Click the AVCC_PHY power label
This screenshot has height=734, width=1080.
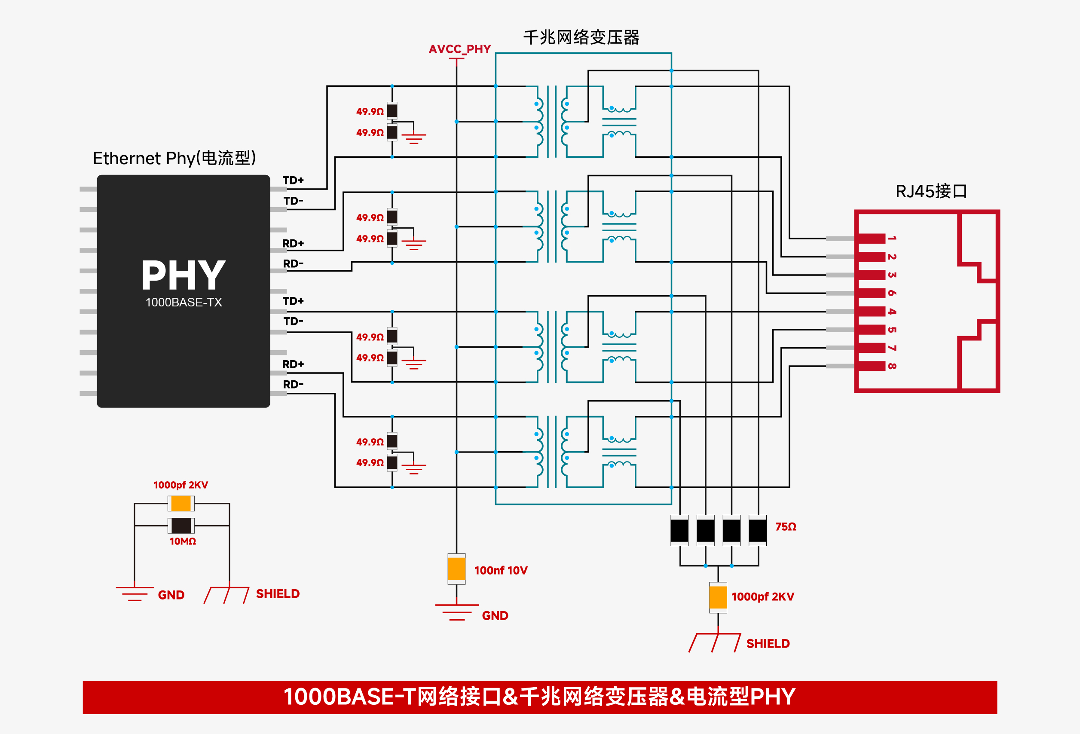click(x=459, y=49)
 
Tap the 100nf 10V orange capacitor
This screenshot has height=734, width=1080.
click(x=456, y=569)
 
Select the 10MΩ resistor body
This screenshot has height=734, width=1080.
click(x=181, y=526)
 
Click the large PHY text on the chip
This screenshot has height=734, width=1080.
click(x=184, y=275)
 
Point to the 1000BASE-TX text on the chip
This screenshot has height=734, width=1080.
click(x=184, y=303)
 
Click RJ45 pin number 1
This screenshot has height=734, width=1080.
click(x=891, y=239)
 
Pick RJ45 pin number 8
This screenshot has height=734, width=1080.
click(x=891, y=366)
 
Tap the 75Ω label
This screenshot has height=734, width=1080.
click(x=785, y=526)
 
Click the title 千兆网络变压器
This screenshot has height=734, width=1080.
click(x=581, y=37)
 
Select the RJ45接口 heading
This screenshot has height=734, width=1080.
click(x=931, y=191)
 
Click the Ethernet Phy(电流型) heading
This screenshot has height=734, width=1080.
click(x=174, y=159)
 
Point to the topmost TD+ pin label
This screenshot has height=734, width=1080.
click(x=293, y=180)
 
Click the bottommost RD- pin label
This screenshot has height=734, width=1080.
click(x=293, y=384)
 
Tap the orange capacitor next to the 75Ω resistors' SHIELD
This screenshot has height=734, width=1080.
click(x=718, y=597)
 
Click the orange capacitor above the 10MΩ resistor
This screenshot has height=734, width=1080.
click(x=181, y=503)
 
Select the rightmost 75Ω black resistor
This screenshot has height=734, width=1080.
click(x=758, y=530)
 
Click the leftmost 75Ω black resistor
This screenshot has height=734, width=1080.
click(x=679, y=530)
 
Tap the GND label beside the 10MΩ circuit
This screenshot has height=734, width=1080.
click(x=171, y=595)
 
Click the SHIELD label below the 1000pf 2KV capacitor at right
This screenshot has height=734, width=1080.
click(x=768, y=643)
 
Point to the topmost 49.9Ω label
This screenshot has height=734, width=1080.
click(x=370, y=111)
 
